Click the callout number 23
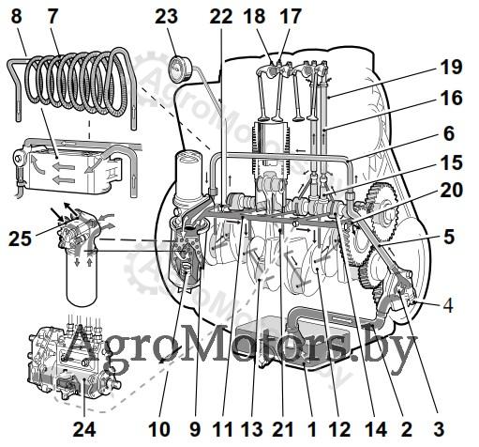tap(166, 16)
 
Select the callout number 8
tap(16, 16)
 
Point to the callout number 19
tap(451, 67)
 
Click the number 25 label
tap(21, 239)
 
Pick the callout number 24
tap(84, 429)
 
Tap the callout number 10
tap(159, 429)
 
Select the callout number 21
tap(283, 429)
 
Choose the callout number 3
tap(439, 429)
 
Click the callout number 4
tap(448, 305)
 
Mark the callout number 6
tap(449, 133)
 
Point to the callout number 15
tap(451, 162)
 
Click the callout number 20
tap(451, 190)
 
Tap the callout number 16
tap(451, 98)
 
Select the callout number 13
tap(252, 429)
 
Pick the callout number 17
tap(291, 16)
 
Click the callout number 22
tap(221, 16)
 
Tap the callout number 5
tap(449, 237)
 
